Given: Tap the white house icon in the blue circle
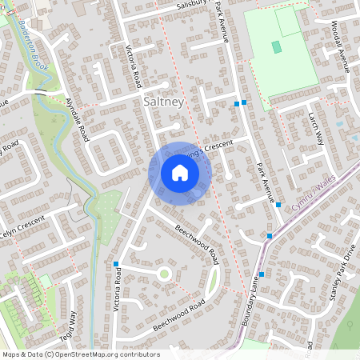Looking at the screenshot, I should pyautogui.click(x=180, y=172).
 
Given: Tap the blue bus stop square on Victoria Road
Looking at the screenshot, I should pyautogui.click(x=116, y=264).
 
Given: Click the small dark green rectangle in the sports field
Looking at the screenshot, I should pyautogui.click(x=277, y=47).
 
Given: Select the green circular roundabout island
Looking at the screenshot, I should pyautogui.click(x=165, y=274).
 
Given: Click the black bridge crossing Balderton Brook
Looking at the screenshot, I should pyautogui.click(x=38, y=93).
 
